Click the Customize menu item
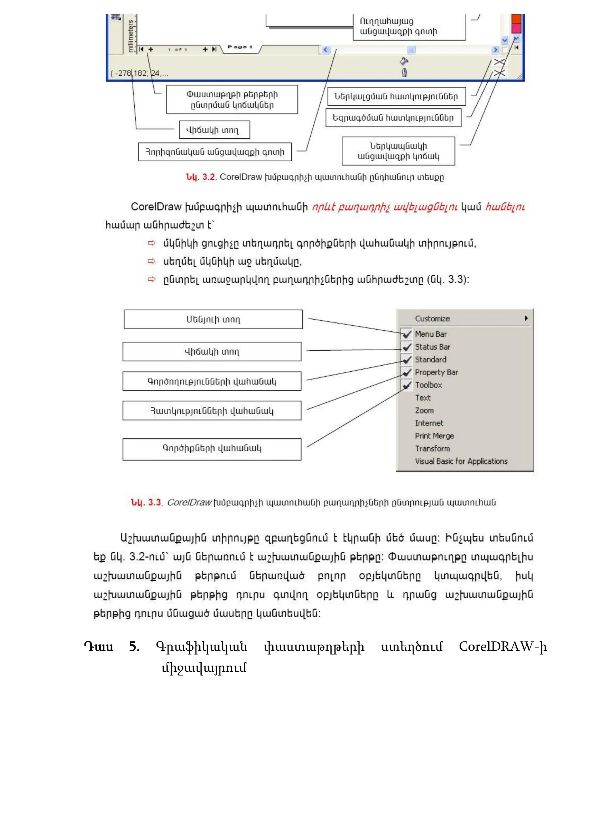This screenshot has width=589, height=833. click(432, 318)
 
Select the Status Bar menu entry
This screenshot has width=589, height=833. click(432, 347)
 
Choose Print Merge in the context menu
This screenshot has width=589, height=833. click(434, 436)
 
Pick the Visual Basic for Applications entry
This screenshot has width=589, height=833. click(461, 461)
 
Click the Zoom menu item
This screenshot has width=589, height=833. click(424, 410)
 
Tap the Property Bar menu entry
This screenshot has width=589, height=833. click(436, 372)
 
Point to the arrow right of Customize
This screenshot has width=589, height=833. click(526, 318)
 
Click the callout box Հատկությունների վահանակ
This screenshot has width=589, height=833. click(212, 410)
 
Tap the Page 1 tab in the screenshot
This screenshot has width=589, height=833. click(240, 47)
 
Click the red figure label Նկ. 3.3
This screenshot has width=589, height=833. click(146, 503)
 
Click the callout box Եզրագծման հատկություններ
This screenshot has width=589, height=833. click(393, 118)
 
